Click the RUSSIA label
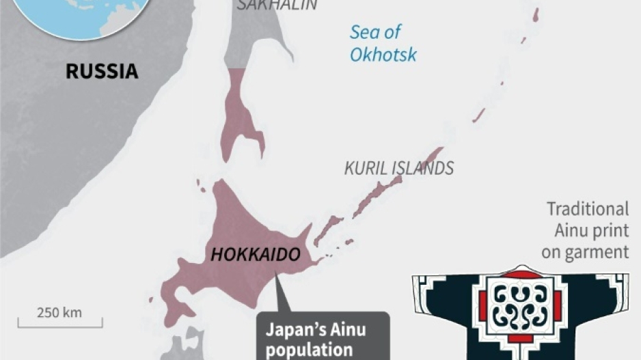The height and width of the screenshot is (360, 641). pyautogui.click(x=102, y=71)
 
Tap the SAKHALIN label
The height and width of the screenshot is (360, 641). pyautogui.click(x=277, y=5)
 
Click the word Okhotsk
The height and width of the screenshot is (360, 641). pyautogui.click(x=383, y=55)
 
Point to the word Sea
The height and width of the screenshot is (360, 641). pyautogui.click(x=364, y=32)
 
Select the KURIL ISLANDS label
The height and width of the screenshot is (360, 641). pyautogui.click(x=399, y=168)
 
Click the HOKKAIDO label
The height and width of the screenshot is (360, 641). pyautogui.click(x=255, y=255)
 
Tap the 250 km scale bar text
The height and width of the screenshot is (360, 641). pyautogui.click(x=59, y=312)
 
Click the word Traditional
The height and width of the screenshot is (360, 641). pyautogui.click(x=588, y=209)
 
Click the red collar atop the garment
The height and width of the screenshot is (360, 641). pyautogui.click(x=521, y=274)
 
